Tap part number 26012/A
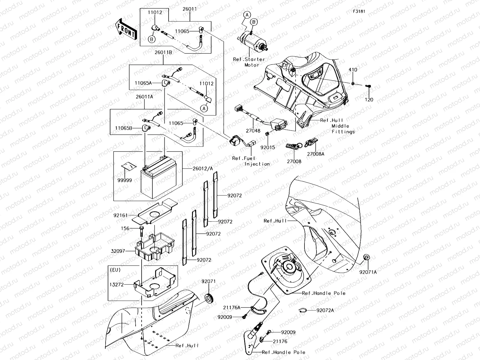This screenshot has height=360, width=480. point(203,169)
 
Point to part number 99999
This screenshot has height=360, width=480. point(124,180)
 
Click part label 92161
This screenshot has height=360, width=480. point(121,215)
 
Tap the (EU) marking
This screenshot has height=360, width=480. point(116,270)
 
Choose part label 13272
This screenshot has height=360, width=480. point(117,284)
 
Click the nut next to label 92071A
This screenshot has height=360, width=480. point(367,257)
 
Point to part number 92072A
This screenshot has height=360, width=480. point(325,310)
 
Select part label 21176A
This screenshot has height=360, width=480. point(232,307)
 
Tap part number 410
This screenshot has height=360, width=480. point(353,70)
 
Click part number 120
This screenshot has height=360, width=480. point(369,100)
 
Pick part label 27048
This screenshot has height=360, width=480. point(253,131)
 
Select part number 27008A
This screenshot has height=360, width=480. point(316,154)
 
